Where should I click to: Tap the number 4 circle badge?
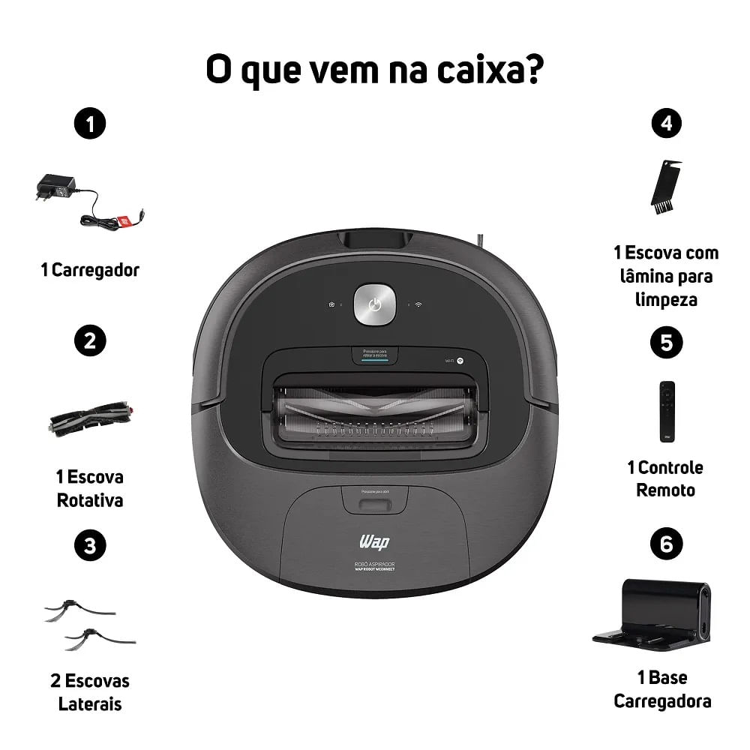(x=666, y=123)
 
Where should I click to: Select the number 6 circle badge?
(x=666, y=544)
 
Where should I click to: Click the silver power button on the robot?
(x=375, y=304)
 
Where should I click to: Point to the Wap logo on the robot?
(x=375, y=541)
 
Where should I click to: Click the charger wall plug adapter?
(x=52, y=187)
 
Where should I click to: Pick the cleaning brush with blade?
(x=666, y=187)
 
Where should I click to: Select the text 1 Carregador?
(x=90, y=270)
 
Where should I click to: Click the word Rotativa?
(x=90, y=500)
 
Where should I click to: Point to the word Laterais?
(x=90, y=704)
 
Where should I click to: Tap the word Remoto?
(x=665, y=490)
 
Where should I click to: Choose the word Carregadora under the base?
(x=662, y=701)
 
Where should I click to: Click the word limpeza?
(x=665, y=300)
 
